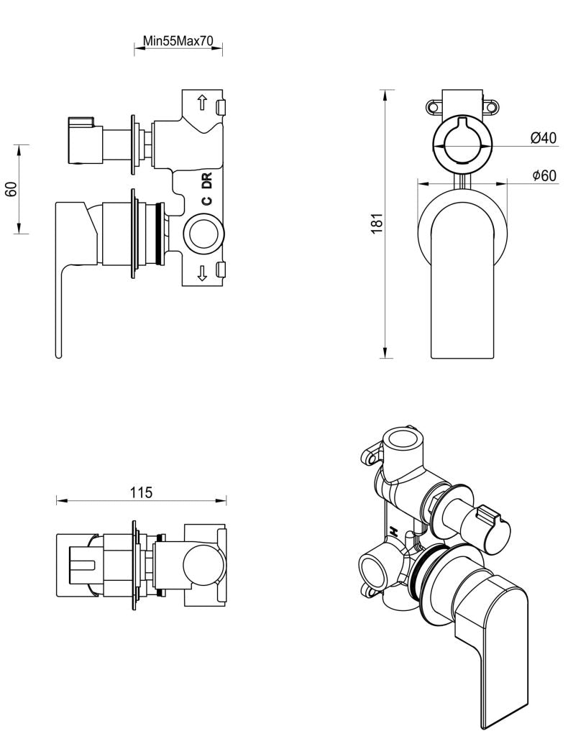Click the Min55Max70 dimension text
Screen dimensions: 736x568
coord(178,41)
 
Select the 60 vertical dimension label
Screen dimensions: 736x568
coord(11,189)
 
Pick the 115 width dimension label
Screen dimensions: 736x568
coord(141,492)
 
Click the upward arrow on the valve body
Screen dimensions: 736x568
coord(203,103)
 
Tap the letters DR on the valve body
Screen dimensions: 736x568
coord(206,180)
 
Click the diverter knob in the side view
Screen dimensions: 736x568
coord(81,139)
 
